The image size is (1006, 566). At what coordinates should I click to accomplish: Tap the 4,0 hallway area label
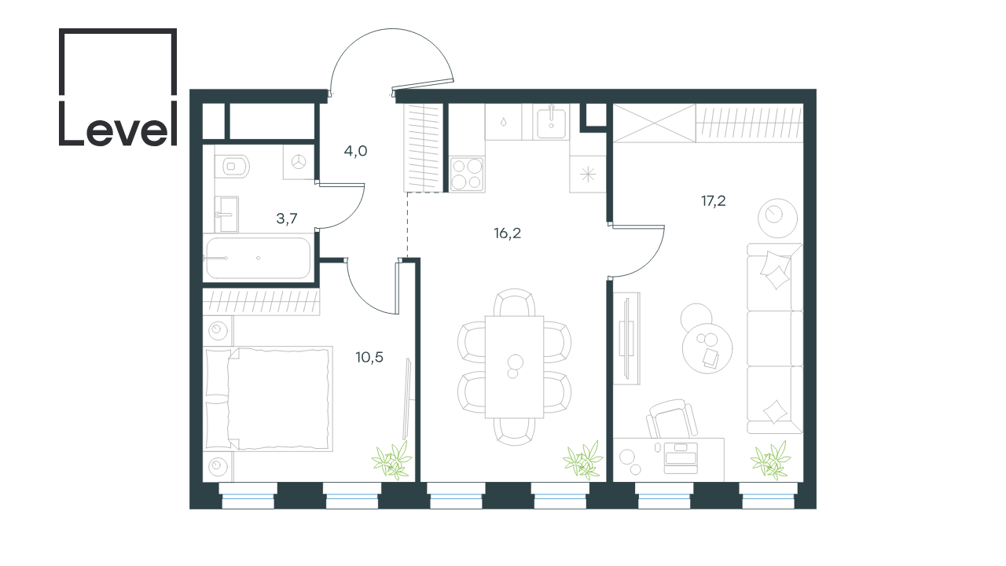point(356,152)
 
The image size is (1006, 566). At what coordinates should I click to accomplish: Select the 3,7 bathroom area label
point(287,219)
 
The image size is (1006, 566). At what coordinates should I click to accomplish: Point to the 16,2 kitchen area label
point(508,233)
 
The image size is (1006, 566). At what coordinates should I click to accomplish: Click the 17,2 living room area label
point(713,201)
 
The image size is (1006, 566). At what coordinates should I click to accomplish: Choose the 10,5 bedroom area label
point(369,358)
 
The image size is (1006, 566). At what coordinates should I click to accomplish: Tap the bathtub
point(259,259)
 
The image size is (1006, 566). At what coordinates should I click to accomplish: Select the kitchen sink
point(551,122)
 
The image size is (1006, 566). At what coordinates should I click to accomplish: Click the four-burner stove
point(467,175)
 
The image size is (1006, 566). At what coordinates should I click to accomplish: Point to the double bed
point(268,399)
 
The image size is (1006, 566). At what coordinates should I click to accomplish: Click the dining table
point(514,367)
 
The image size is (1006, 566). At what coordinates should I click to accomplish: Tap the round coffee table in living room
point(707,348)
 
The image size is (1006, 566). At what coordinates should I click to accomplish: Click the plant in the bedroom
point(391,460)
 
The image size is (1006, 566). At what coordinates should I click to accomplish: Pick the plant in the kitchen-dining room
point(583,460)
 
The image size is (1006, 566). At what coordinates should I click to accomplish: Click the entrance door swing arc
point(391,29)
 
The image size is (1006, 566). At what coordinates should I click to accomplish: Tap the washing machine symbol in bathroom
point(298,162)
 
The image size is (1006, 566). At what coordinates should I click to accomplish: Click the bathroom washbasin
point(226,215)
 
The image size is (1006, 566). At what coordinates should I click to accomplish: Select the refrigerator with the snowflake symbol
point(587,175)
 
